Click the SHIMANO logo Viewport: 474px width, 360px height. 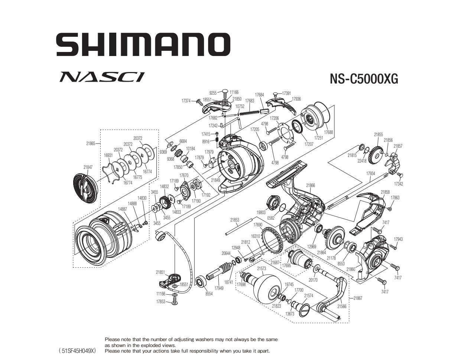coord(143,45)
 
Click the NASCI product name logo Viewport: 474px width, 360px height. coord(102,77)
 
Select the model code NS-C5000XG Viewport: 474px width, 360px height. coord(364,79)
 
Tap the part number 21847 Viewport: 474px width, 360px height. coord(88,167)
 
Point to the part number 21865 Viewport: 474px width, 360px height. coord(91,144)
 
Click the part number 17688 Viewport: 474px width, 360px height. coord(328,132)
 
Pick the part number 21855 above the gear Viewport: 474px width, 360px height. coord(378,135)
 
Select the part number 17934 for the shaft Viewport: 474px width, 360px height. coord(371,173)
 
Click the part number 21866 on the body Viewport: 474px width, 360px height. coord(311,185)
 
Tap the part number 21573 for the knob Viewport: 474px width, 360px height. coord(262,269)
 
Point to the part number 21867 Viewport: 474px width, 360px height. coord(358,298)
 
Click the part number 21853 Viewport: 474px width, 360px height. coord(235,220)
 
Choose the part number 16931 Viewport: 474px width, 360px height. coord(108,155)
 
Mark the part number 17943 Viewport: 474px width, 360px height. coord(399,239)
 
